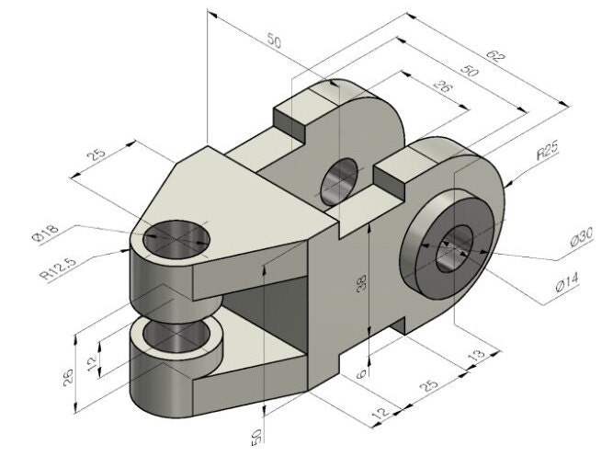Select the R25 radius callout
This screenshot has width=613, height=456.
point(549,152)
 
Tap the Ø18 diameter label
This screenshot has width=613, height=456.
point(45,234)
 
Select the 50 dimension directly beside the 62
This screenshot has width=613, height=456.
point(469,71)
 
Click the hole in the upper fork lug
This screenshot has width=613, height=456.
point(176,237)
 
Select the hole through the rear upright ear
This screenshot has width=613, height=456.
point(338,181)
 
